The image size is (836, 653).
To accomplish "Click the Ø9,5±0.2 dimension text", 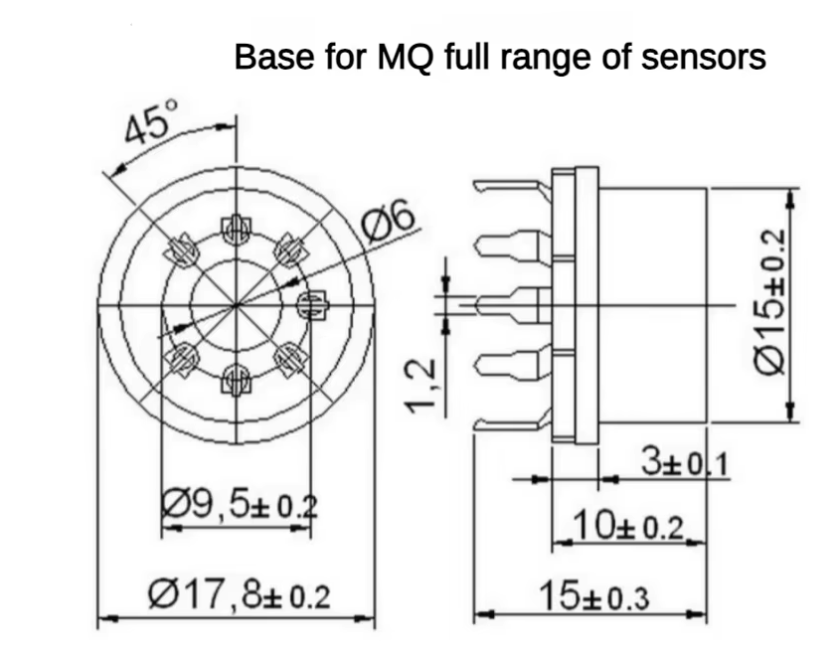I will click(239, 505).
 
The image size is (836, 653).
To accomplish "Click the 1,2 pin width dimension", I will click(421, 386).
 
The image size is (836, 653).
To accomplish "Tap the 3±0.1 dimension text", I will click(684, 463).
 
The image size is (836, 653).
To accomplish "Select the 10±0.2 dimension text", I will click(630, 527).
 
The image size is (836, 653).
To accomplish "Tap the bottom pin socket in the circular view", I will click(236, 378).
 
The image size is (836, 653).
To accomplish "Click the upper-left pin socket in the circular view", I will click(183, 248).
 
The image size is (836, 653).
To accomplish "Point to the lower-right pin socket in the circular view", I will click(289, 358).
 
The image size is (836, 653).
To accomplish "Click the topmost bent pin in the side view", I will click(512, 186).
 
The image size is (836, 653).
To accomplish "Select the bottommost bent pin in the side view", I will click(512, 424).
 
